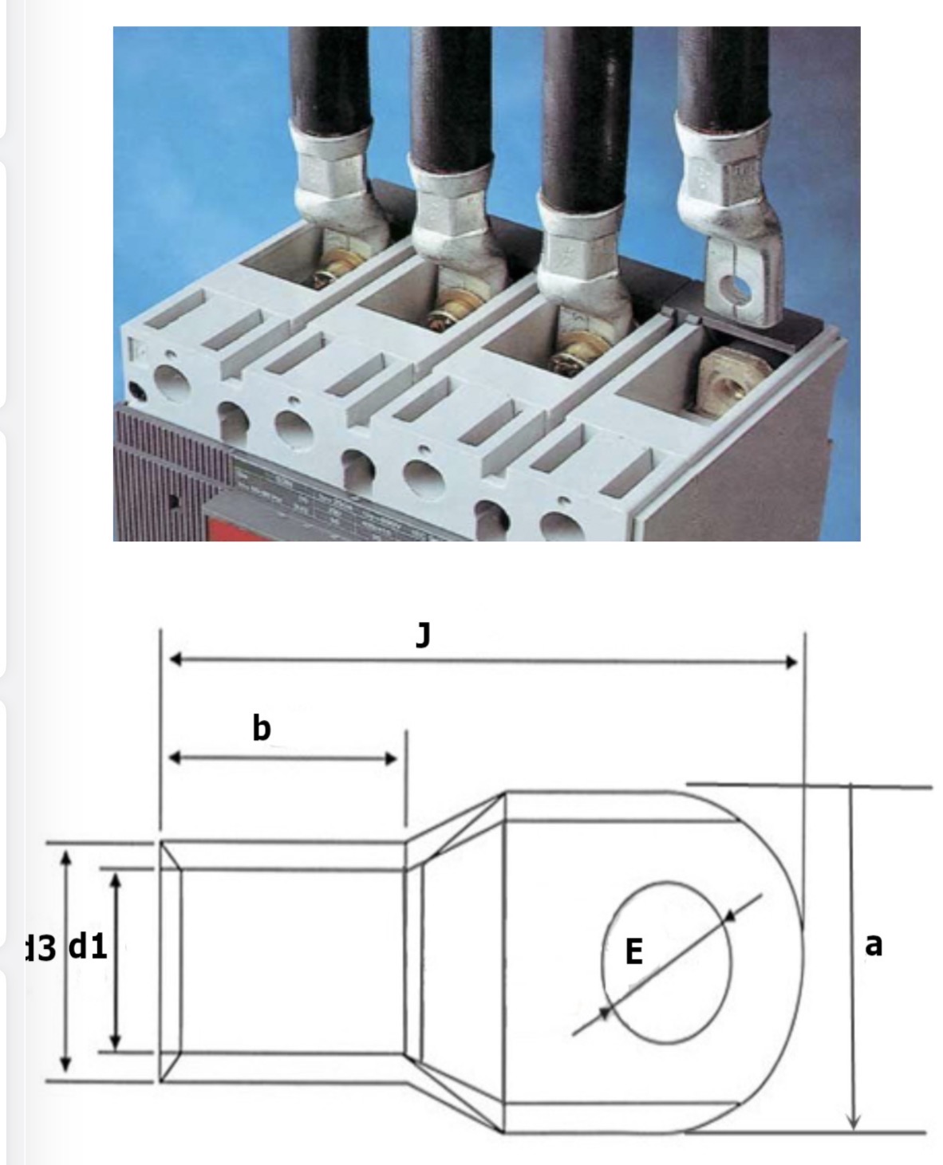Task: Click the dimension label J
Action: coord(423,636)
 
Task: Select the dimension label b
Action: coord(262,727)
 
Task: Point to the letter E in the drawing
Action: coord(633,951)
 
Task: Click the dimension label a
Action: coord(874,944)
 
